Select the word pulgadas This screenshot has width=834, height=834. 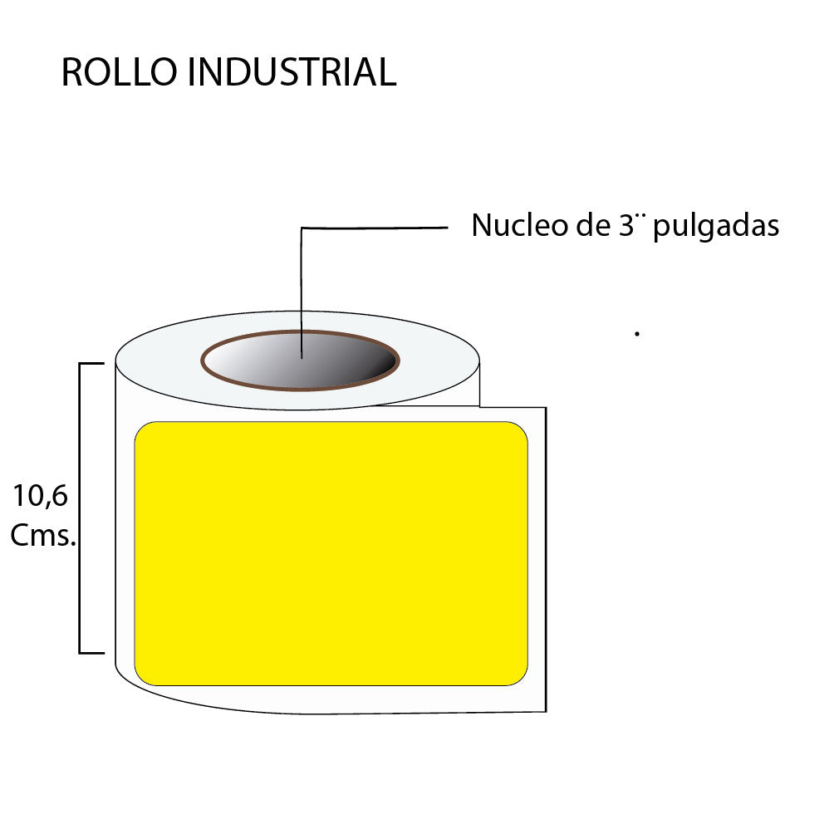coord(716,227)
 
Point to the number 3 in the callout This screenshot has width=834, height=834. coord(627,225)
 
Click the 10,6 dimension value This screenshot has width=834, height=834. coord(40,497)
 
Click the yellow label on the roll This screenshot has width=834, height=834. coord(331,553)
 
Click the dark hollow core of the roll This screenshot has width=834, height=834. coord(332,362)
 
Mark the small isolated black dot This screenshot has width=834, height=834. coord(636,333)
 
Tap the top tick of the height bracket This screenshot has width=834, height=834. coord(91,363)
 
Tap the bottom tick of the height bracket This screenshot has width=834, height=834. coord(91,653)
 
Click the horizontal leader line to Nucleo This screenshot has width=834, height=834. coord(374,227)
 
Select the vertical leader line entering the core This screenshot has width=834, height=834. coord(302,291)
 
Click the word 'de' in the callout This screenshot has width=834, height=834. coord(591,225)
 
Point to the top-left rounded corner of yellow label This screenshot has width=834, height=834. coord(141,429)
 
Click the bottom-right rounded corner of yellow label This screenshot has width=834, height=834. coord(521,679)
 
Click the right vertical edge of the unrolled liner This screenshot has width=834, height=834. coord(546,557)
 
